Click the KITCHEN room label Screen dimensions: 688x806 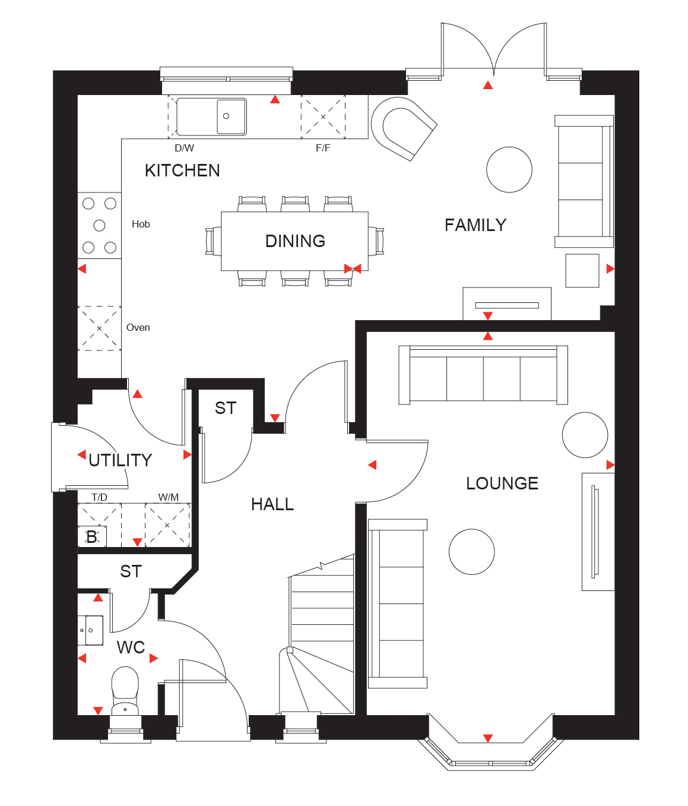tap(182, 170)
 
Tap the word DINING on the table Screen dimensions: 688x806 tap(295, 241)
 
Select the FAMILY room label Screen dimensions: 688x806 tap(475, 225)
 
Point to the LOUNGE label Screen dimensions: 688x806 tap(502, 483)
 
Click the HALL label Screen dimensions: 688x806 tap(272, 504)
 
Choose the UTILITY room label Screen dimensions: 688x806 tap(120, 460)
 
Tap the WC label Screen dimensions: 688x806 tap(131, 647)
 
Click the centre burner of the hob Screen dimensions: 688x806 tap(99, 225)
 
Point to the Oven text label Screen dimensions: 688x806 tap(138, 327)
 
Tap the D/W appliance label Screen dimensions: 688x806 tap(184, 148)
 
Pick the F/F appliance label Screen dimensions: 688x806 tap(323, 148)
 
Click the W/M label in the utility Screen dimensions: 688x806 tap(169, 497)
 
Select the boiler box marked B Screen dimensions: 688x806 tap(92, 536)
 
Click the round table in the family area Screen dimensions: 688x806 tap(509, 170)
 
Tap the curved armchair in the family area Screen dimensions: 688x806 tap(404, 128)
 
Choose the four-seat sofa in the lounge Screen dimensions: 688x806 tap(483, 375)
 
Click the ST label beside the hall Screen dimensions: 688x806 tap(226, 408)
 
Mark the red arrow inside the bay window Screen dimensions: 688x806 tap(487, 738)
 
